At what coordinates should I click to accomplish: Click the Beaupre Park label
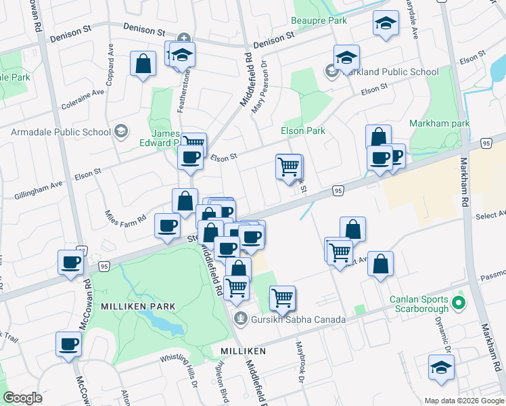tap(319, 21)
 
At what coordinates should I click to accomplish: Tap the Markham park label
tap(440, 124)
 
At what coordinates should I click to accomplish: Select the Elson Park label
tap(303, 131)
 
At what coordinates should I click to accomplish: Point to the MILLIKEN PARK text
tap(138, 307)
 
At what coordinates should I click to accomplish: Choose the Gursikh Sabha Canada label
tap(298, 319)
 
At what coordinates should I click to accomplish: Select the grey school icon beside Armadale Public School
tap(121, 131)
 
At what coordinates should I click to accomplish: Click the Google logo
tap(23, 398)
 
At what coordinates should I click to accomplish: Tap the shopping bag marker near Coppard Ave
tap(143, 65)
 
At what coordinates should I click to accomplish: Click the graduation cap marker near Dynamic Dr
tap(441, 368)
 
